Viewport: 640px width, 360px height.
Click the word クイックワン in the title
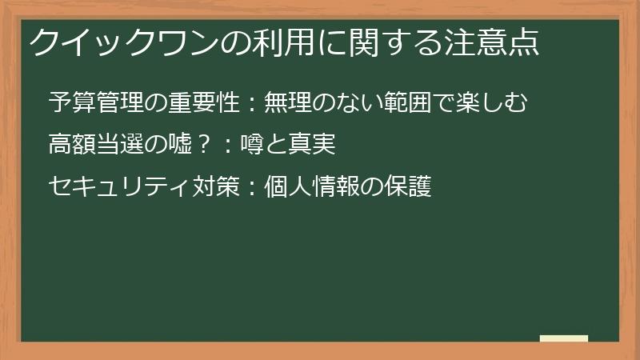click(x=111, y=42)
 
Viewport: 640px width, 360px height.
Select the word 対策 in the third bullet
click(x=214, y=186)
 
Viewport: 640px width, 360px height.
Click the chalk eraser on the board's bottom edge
click(x=564, y=338)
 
